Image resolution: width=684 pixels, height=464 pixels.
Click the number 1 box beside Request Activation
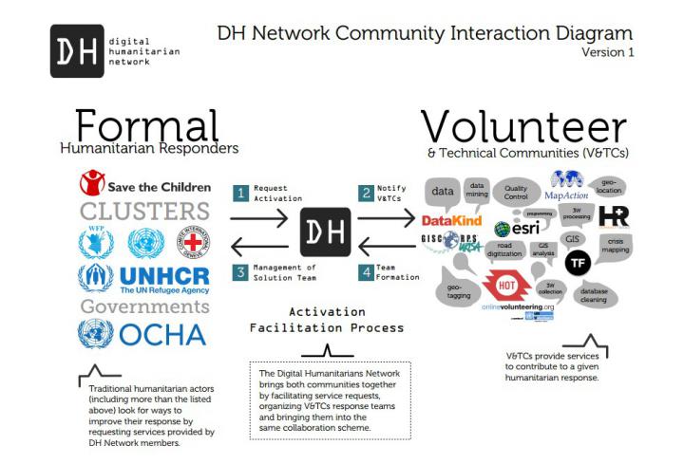pyautogui.click(x=241, y=193)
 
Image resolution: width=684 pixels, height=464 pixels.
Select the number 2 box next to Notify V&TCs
pyautogui.click(x=366, y=193)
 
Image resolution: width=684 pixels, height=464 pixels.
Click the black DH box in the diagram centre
pyautogui.click(x=325, y=232)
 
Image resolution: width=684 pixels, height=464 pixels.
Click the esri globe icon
pyautogui.click(x=503, y=228)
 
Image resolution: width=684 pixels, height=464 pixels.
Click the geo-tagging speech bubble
pyautogui.click(x=457, y=291)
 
